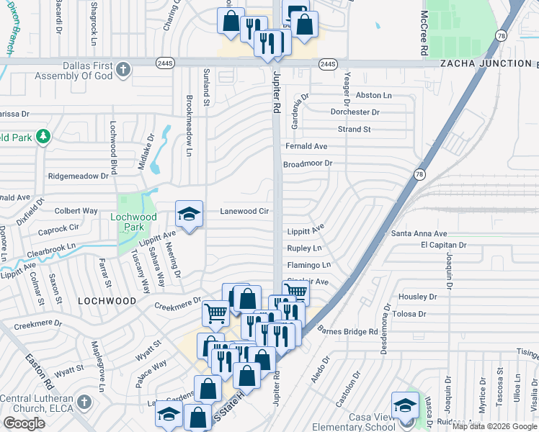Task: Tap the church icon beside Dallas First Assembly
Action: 123,70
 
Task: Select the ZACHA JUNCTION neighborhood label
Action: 485,63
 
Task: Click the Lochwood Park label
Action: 133,222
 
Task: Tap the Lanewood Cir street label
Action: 244,211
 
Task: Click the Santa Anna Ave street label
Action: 419,234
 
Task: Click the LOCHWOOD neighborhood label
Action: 107,300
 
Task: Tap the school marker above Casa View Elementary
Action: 405,405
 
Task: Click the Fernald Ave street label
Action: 306,146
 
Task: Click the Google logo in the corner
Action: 24,423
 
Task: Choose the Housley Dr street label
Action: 418,297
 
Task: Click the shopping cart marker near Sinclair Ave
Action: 295,292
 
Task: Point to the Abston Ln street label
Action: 374,95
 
